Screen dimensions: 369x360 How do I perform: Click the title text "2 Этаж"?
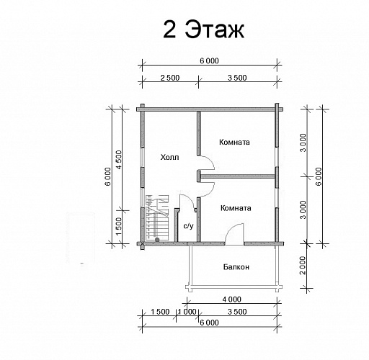(x=203, y=30)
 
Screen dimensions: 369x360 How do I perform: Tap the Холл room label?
(x=169, y=158)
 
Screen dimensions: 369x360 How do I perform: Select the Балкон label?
(x=236, y=267)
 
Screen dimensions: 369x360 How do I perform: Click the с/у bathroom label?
(x=188, y=226)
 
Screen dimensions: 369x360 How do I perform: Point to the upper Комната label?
(x=234, y=142)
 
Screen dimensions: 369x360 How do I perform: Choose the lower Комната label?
(x=236, y=208)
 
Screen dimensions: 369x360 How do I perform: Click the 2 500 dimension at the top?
(x=170, y=78)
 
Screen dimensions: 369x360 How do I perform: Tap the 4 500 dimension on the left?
(x=119, y=160)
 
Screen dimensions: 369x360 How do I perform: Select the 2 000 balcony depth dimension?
(x=303, y=266)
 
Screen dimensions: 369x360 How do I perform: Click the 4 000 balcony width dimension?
(x=231, y=300)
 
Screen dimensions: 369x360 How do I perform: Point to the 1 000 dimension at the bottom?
(x=187, y=312)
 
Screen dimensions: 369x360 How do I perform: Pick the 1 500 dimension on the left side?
(x=119, y=227)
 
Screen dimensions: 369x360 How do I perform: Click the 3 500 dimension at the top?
(x=237, y=78)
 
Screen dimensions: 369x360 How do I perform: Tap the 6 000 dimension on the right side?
(x=319, y=176)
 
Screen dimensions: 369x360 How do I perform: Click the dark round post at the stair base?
(x=157, y=240)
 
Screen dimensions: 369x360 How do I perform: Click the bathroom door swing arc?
(x=190, y=199)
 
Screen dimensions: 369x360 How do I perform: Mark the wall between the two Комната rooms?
(x=238, y=176)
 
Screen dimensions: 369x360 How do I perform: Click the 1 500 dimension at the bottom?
(x=160, y=312)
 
